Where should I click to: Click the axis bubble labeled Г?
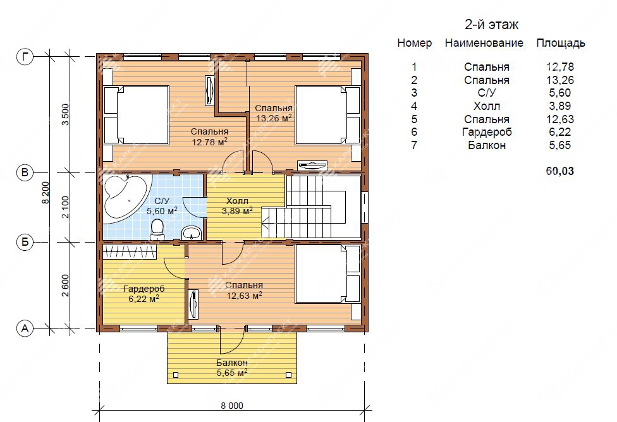tap(25, 57)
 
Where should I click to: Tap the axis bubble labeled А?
tap(25, 328)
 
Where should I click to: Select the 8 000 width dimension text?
tap(232, 406)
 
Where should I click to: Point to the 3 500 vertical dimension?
tap(65, 114)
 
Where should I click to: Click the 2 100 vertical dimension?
tap(65, 207)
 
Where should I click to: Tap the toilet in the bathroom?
tap(157, 229)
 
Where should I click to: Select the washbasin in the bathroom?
tap(192, 232)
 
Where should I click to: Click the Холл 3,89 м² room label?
tap(237, 206)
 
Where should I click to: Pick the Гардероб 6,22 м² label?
tap(144, 294)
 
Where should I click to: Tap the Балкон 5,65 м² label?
tap(232, 367)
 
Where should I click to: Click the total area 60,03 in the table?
tap(560, 171)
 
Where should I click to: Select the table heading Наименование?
tap(484, 43)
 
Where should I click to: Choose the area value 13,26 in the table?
tap(560, 80)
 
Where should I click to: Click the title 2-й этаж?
tap(491, 25)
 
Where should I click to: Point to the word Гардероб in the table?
tap(487, 132)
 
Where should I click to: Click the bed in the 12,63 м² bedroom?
tap(327, 274)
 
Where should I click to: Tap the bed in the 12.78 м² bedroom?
tap(136, 115)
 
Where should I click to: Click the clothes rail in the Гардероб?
tap(130, 251)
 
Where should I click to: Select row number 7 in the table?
tap(414, 145)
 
